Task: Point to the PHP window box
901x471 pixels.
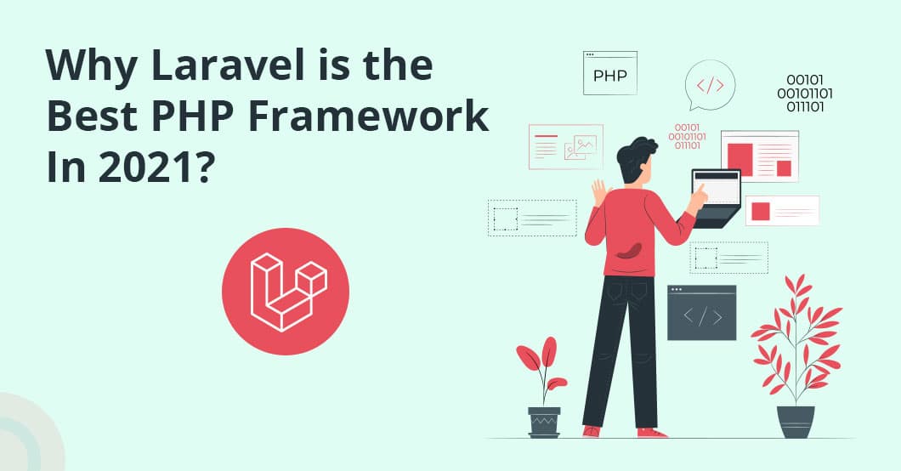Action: pyautogui.click(x=609, y=73)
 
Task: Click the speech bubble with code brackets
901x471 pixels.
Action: pyautogui.click(x=709, y=84)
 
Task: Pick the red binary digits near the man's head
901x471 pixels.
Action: pyautogui.click(x=687, y=136)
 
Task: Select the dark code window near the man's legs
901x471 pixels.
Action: pyautogui.click(x=701, y=312)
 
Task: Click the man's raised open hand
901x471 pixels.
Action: pyautogui.click(x=600, y=191)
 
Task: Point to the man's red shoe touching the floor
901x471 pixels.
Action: pyautogui.click(x=653, y=432)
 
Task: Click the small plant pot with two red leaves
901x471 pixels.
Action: pyautogui.click(x=544, y=421)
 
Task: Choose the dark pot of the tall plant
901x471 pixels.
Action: pyautogui.click(x=796, y=421)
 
